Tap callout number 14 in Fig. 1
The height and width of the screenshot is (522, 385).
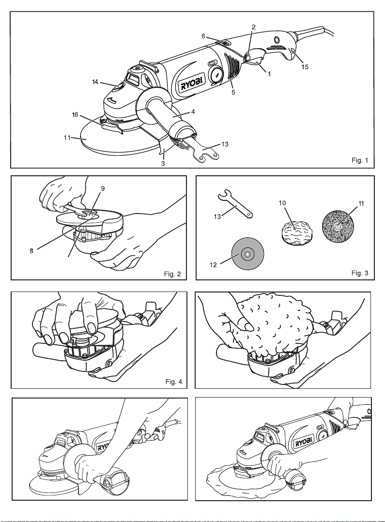pos(95,81)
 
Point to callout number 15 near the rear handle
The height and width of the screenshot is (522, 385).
pos(305,67)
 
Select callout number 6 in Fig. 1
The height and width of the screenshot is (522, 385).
pos(203,36)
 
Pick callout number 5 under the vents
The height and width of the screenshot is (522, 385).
pos(233,92)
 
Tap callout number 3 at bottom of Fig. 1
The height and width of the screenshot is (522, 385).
pos(163,164)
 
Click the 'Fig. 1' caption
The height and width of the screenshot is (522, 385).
pos(360,160)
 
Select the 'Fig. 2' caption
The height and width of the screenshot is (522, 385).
pos(172,274)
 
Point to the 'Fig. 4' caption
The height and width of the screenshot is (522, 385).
pos(174,382)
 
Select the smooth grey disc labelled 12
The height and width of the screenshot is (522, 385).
pos(247,253)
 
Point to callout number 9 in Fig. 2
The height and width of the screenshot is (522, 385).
pos(103,188)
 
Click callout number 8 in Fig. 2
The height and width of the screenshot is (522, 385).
pos(31,251)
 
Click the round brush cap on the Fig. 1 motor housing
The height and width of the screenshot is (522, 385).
pos(217,76)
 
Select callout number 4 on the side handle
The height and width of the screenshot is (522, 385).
pos(193,112)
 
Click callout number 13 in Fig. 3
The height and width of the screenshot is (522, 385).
pos(217,217)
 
